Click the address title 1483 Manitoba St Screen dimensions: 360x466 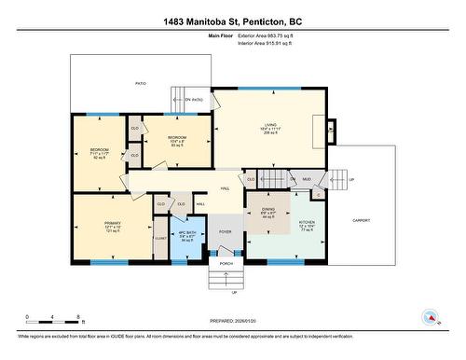pos(233,21)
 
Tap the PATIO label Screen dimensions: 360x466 pos(140,83)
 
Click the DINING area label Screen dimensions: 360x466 pos(268,211)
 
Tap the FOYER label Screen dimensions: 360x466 pos(226,231)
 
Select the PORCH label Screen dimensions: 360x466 pos(226,264)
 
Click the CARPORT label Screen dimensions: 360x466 pos(362,221)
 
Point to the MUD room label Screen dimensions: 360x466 pos(308,178)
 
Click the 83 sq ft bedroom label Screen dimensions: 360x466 pos(177,141)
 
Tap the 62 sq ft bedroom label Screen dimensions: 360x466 pos(99,151)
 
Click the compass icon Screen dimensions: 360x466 pos(431,317)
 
